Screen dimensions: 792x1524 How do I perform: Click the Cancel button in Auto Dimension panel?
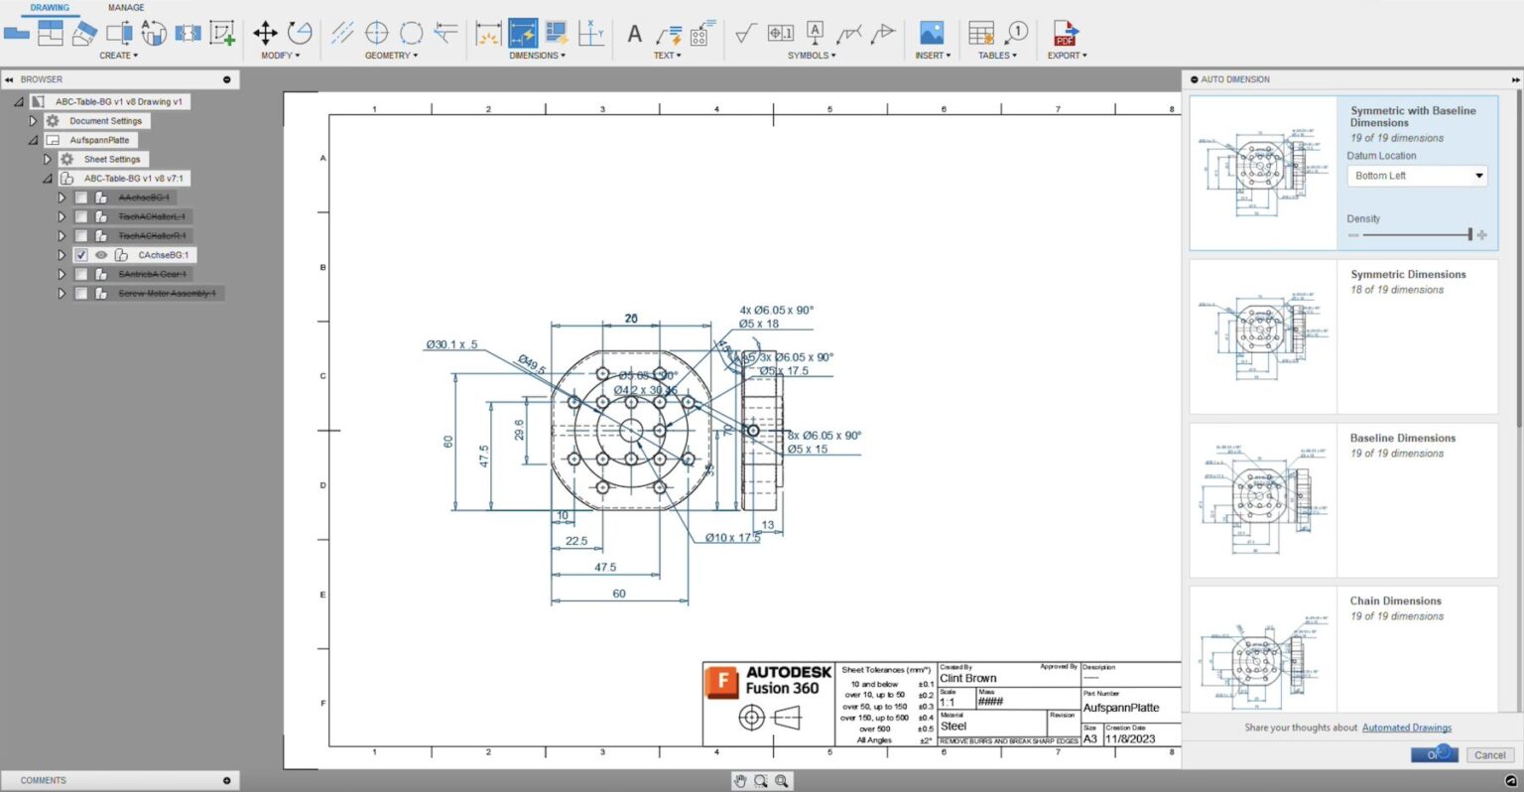click(1489, 755)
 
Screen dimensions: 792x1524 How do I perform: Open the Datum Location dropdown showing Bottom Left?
click(1419, 176)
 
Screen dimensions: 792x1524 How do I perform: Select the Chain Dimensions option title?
click(1395, 601)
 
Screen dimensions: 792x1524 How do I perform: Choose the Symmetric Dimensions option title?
click(1407, 275)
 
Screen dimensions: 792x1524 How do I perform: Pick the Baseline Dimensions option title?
click(1402, 438)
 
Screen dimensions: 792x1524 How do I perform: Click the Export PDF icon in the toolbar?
click(1065, 34)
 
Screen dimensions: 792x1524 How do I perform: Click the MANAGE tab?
click(126, 8)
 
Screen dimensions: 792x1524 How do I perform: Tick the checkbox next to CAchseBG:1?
click(81, 255)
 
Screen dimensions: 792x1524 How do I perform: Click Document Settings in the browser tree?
click(105, 121)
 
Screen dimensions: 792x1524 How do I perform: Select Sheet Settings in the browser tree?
click(111, 159)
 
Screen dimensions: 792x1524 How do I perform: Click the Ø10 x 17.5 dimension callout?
click(732, 538)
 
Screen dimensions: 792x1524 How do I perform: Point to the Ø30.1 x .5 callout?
click(451, 344)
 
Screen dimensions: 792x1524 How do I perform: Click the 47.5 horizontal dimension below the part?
click(605, 568)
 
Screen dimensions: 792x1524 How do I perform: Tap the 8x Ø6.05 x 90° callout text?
click(825, 436)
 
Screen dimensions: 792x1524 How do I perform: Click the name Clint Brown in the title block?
click(967, 679)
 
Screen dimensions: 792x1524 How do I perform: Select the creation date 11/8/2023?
click(1130, 739)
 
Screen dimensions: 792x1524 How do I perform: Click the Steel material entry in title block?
click(952, 726)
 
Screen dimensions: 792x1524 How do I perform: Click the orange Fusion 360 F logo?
click(721, 684)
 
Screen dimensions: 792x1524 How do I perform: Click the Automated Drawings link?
click(1406, 727)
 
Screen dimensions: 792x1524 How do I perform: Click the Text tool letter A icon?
click(635, 34)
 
